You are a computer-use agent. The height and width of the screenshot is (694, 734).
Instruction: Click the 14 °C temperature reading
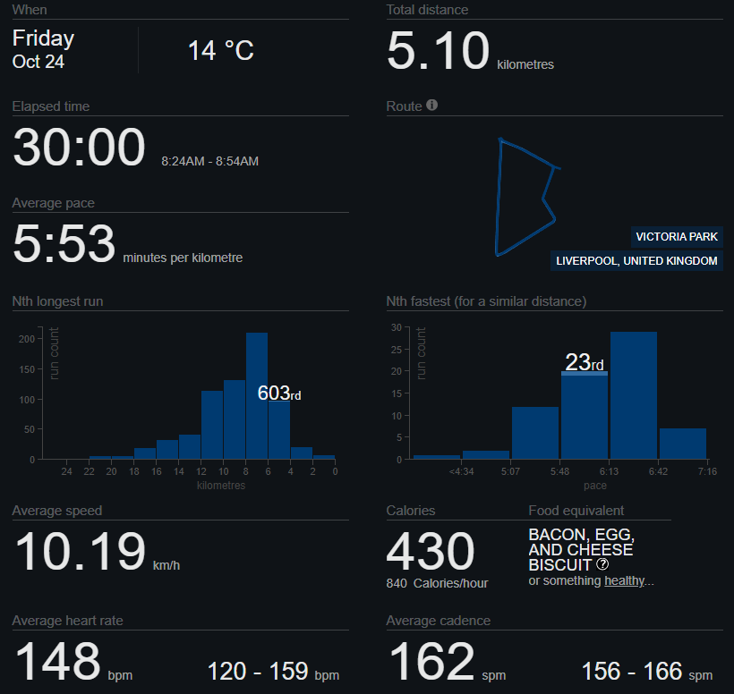click(221, 50)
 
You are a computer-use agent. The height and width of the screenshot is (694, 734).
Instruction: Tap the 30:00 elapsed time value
click(79, 148)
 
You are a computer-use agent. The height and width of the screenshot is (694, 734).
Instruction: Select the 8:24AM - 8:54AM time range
click(209, 162)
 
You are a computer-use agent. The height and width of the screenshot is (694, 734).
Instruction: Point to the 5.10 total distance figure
click(438, 50)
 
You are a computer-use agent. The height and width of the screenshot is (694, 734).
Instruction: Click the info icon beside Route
click(432, 106)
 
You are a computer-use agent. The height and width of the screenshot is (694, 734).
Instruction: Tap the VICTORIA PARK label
click(676, 237)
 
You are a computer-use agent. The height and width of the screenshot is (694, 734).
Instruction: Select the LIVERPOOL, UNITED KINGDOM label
click(636, 261)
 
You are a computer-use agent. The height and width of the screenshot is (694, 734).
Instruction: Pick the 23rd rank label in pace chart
click(585, 362)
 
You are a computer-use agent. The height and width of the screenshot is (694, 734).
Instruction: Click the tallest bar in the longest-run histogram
click(257, 395)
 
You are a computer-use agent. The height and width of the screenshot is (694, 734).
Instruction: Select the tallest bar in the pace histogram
click(633, 394)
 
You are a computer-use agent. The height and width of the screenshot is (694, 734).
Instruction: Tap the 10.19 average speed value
click(81, 552)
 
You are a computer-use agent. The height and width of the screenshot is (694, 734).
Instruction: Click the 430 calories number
click(430, 552)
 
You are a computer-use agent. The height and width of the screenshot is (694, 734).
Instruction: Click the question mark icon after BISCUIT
click(602, 565)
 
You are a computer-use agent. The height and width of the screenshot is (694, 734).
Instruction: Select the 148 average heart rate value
click(57, 662)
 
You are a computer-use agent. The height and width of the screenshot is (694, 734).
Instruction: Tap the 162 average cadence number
click(431, 662)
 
